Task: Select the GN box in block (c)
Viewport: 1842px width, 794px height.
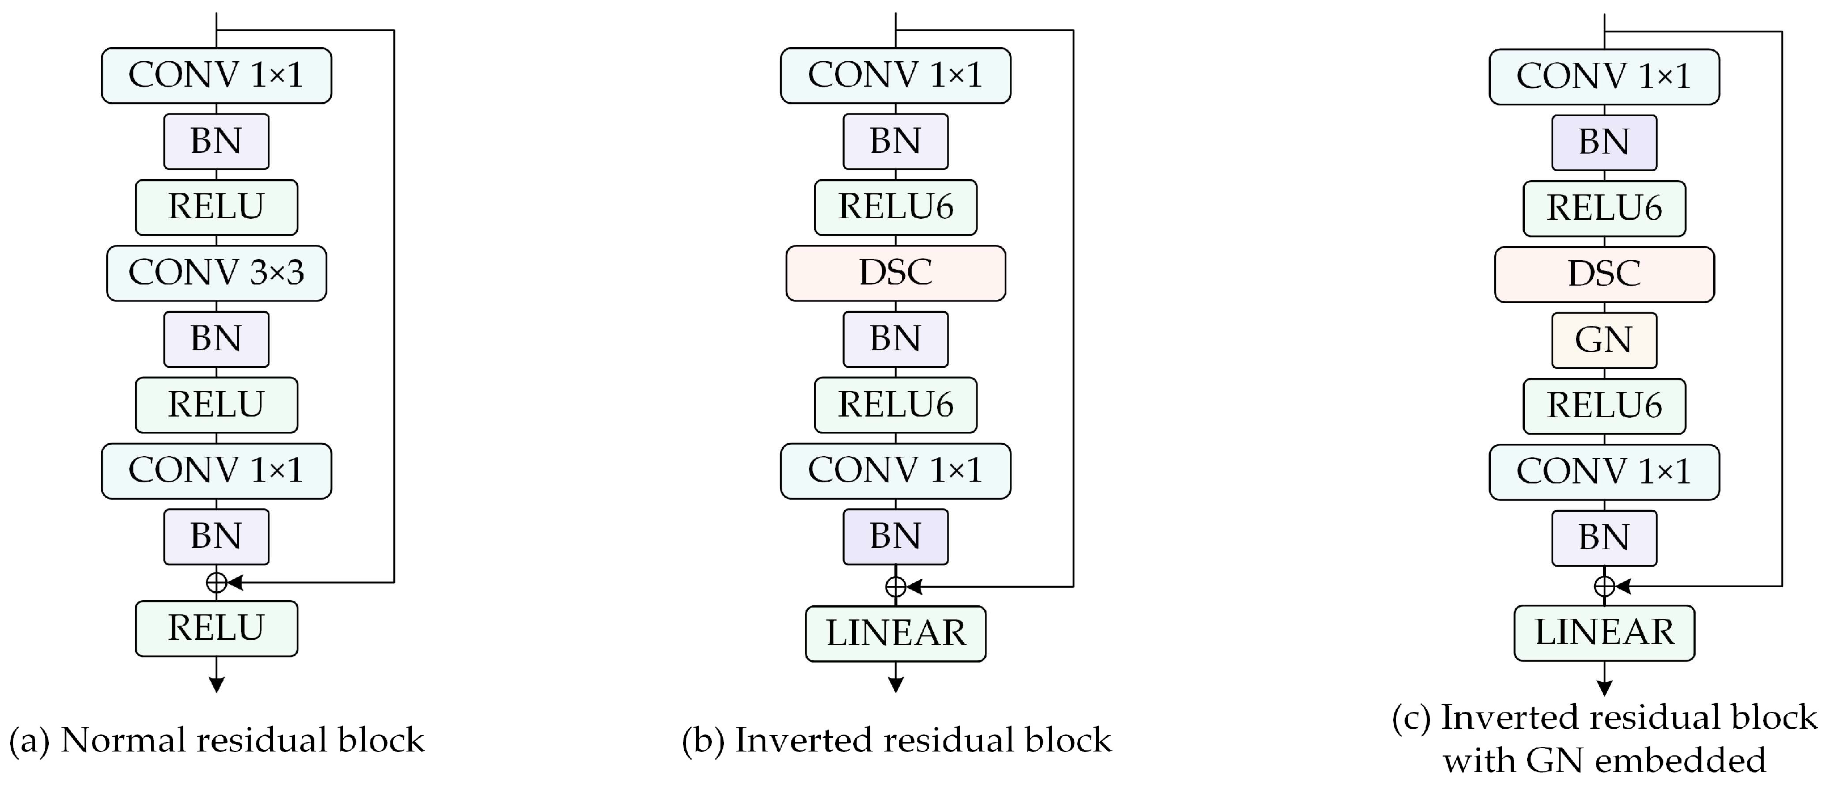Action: click(x=1604, y=340)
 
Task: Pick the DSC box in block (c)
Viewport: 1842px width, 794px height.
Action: click(x=1604, y=274)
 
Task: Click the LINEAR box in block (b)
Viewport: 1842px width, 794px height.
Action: click(x=895, y=633)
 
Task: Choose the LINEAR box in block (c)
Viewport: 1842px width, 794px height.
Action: click(x=1604, y=632)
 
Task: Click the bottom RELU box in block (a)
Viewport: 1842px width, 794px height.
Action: click(x=216, y=628)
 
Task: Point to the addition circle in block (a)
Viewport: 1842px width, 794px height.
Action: click(x=216, y=583)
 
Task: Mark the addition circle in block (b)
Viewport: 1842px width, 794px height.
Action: click(x=895, y=587)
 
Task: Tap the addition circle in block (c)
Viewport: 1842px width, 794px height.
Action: click(x=1604, y=586)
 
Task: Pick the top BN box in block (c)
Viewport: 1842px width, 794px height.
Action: click(x=1604, y=142)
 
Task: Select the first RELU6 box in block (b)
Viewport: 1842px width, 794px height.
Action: click(x=895, y=207)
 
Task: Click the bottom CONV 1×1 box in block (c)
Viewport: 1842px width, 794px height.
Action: click(x=1604, y=472)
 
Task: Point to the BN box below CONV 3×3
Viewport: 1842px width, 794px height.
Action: click(x=216, y=339)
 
